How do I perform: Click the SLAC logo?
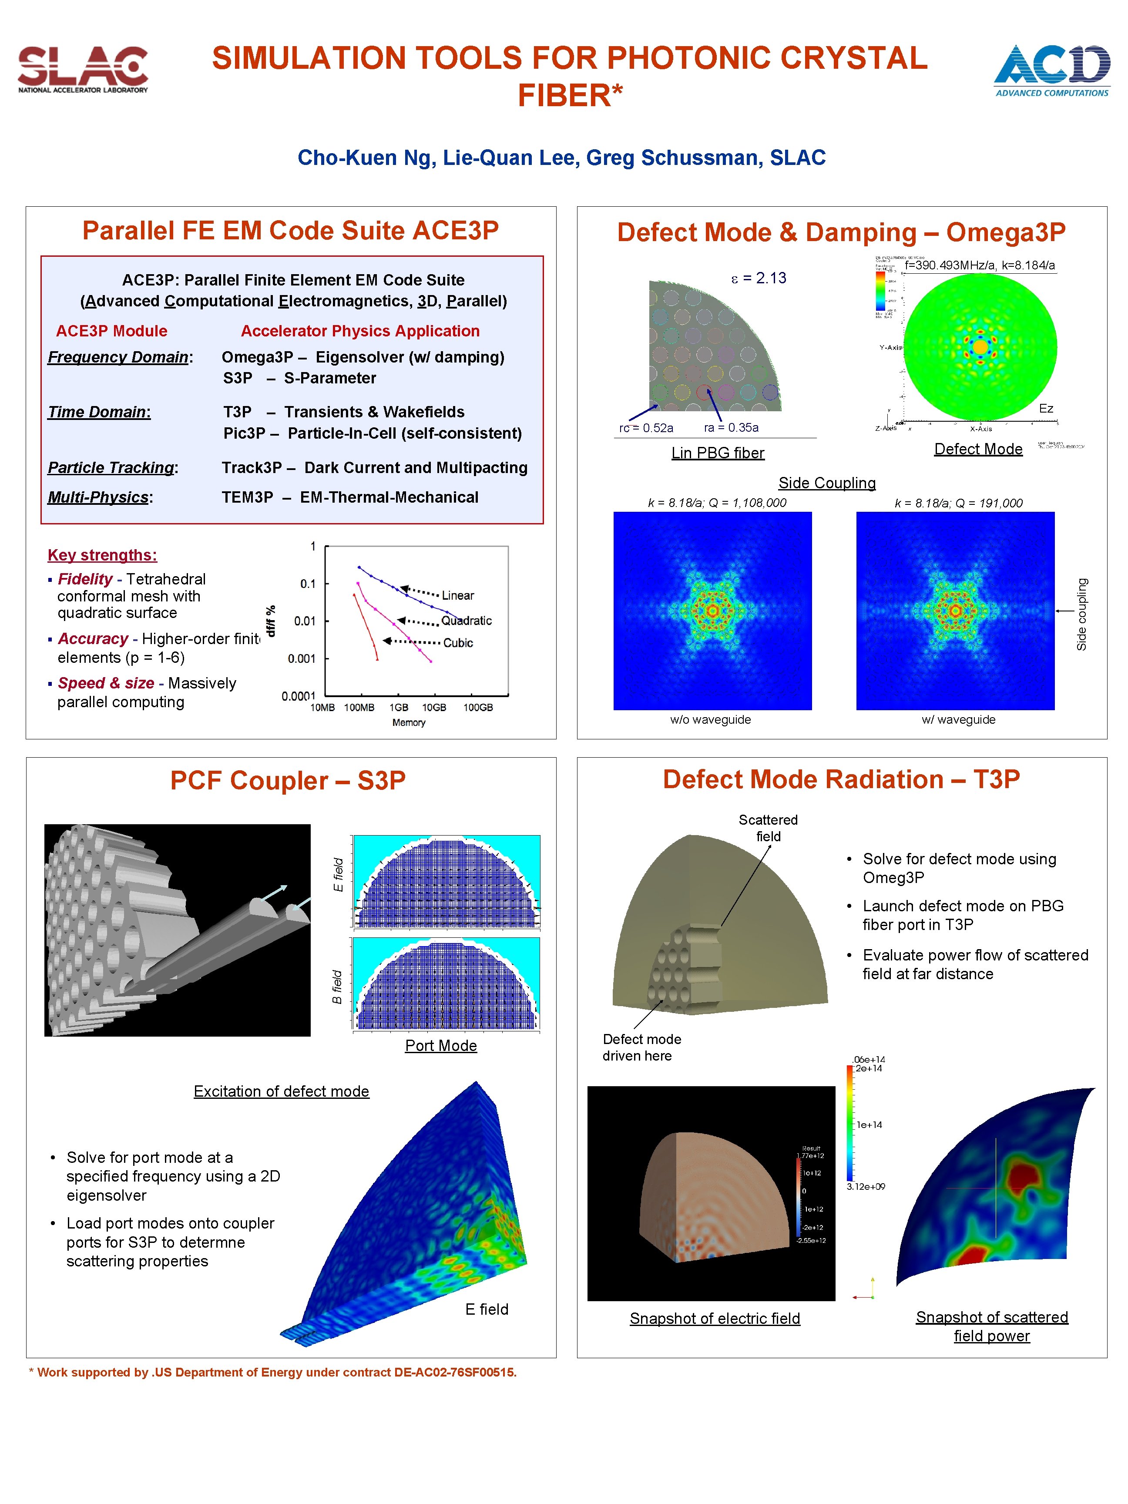click(83, 69)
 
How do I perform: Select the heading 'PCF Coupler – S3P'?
click(288, 780)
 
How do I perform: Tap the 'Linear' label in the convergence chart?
click(457, 595)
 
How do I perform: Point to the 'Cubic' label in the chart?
click(457, 642)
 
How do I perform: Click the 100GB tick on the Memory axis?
click(478, 707)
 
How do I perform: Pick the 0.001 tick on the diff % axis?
click(301, 658)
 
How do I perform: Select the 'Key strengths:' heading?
click(102, 555)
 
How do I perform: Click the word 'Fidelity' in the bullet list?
click(85, 579)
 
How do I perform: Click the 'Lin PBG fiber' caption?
click(717, 453)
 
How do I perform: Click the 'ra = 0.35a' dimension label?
click(731, 428)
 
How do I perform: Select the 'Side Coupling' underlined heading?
click(827, 483)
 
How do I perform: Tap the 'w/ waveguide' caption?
click(958, 719)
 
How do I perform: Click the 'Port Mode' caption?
click(440, 1045)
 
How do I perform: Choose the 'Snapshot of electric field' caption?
click(715, 1318)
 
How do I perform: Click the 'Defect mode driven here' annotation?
click(641, 1047)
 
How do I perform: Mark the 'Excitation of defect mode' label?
click(281, 1091)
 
